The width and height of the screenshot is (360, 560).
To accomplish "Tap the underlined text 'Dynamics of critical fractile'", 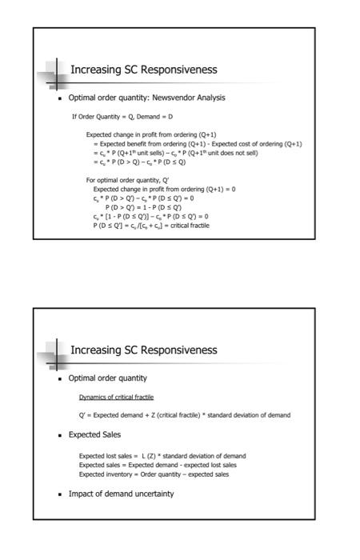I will [x=116, y=398].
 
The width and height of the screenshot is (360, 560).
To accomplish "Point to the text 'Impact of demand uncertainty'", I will [x=121, y=494].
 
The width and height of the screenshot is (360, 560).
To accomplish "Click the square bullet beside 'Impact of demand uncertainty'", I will [x=61, y=494].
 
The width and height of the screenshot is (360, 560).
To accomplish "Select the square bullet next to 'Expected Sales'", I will [x=61, y=436].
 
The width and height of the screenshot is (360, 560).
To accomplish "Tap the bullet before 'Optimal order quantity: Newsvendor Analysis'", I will [x=61, y=99].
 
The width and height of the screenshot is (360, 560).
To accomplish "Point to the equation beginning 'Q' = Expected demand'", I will [x=184, y=414].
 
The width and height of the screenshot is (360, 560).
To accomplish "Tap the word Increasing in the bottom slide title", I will [x=94, y=350].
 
